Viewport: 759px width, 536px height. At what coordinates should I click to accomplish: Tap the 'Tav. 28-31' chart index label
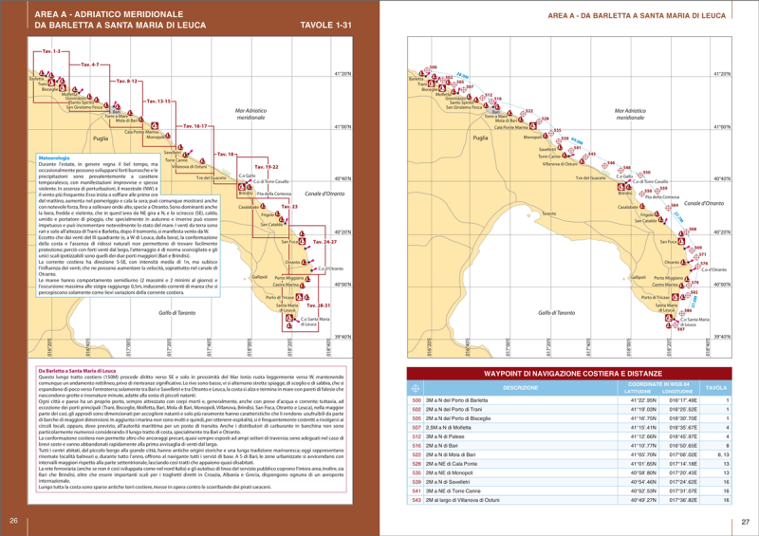319,305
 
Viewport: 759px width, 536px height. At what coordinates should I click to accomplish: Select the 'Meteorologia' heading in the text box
56,157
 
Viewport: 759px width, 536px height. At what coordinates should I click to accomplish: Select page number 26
13,520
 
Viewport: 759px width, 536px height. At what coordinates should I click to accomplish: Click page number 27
746,520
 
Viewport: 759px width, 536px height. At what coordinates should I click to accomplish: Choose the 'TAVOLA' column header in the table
717,388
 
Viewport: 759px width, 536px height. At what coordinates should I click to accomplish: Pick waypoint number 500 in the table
416,400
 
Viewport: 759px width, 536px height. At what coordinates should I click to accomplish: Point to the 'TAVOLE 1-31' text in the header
325,25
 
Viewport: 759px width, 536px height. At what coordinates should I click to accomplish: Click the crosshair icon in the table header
415,388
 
